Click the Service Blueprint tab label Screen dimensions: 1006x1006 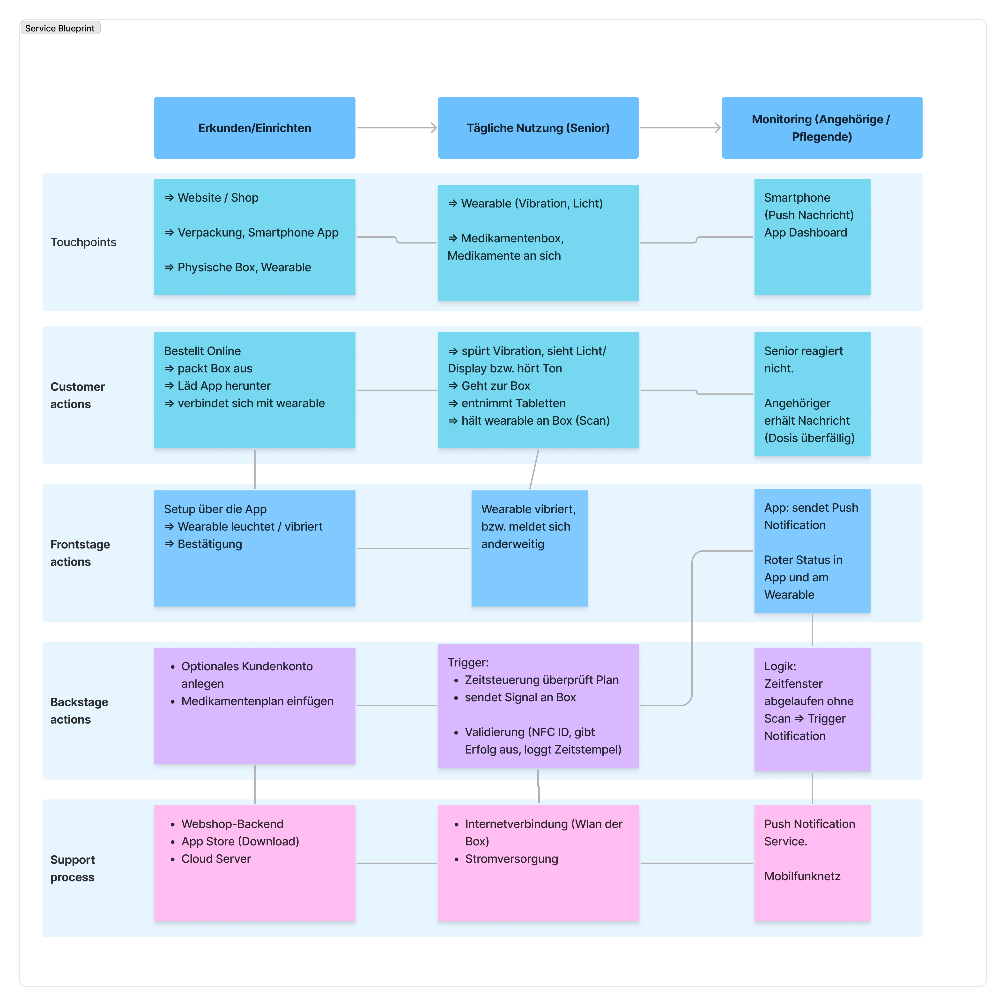60,28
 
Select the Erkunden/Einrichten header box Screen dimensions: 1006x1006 255,128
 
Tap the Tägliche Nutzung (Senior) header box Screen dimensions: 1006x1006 538,128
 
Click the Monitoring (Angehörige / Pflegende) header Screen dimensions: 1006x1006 822,128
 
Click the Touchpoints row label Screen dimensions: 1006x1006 83,242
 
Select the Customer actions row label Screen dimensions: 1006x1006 77,395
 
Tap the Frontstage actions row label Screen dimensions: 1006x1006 80,553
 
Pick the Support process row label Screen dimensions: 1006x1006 72,869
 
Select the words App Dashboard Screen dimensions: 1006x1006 806,233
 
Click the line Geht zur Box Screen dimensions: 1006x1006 495,386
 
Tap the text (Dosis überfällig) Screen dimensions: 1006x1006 809,438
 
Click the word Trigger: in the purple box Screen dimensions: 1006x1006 468,662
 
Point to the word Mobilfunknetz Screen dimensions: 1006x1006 802,876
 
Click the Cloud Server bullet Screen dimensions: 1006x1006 215,859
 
